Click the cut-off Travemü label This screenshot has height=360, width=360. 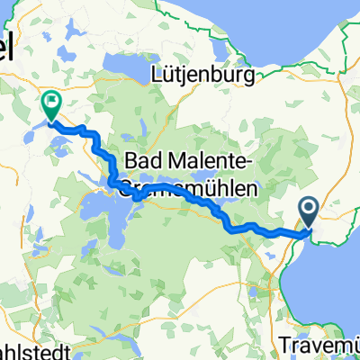pos(323,345)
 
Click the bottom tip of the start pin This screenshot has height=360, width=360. pos(308,228)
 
